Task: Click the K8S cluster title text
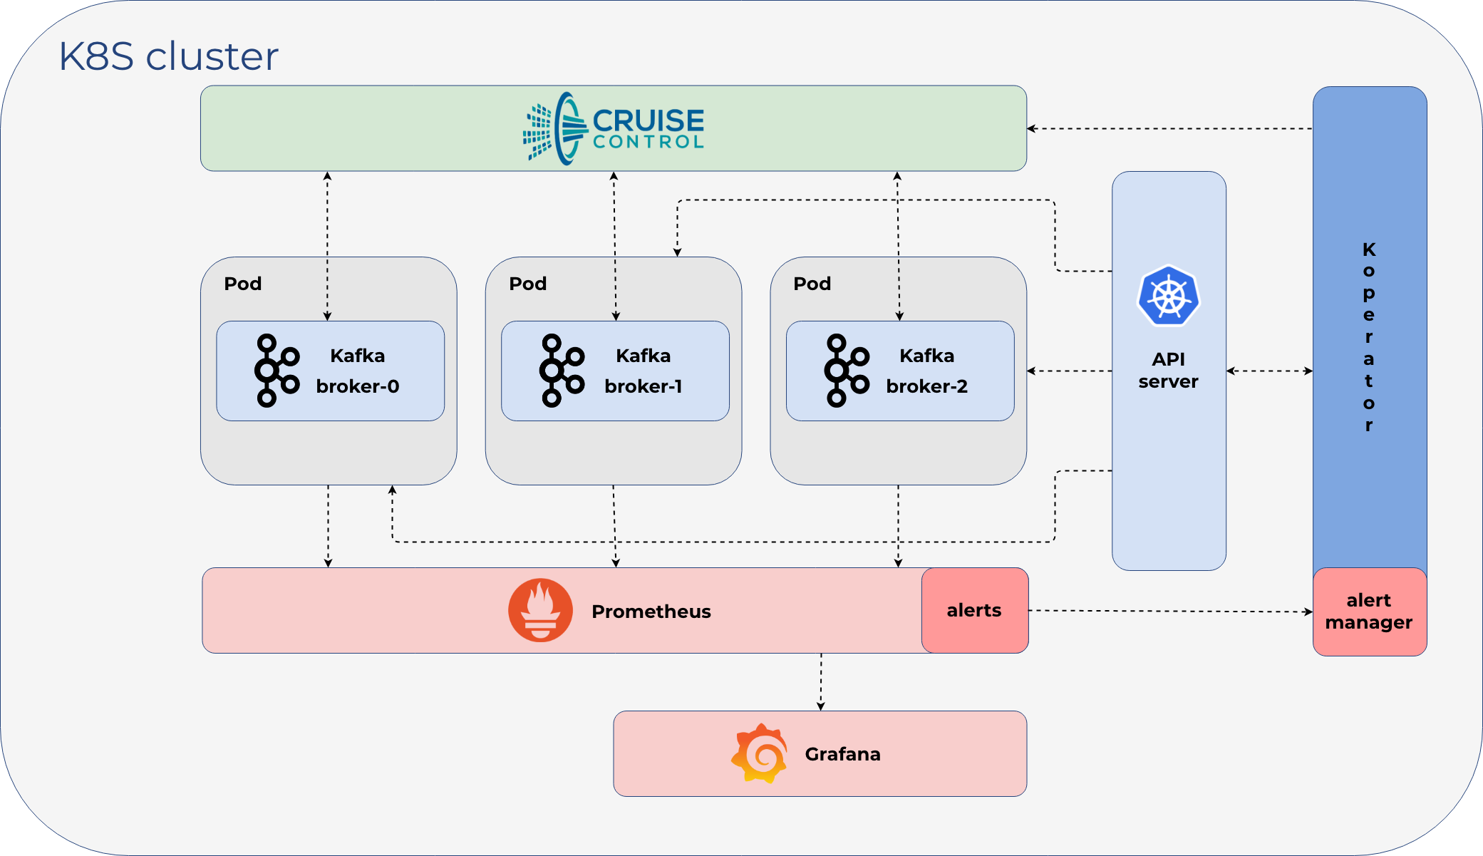tap(168, 56)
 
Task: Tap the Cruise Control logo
tap(614, 128)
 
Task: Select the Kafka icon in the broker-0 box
tap(277, 371)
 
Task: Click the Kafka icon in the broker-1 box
tap(562, 371)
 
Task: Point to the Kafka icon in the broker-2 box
tap(847, 371)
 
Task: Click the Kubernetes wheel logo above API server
tap(1169, 296)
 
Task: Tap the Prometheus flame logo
tap(540, 610)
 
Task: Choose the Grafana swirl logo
tap(760, 753)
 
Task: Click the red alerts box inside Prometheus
tap(975, 610)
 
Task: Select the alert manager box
tap(1370, 612)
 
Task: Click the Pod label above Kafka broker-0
tap(243, 284)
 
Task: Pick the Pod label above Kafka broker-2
tap(812, 284)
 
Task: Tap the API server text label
tap(1169, 370)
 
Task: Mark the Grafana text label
tap(843, 754)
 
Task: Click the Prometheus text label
tap(651, 612)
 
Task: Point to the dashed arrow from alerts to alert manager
tap(1171, 611)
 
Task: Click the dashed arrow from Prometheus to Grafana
tap(821, 682)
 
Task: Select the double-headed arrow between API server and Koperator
tap(1270, 371)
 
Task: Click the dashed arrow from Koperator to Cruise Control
tap(1169, 129)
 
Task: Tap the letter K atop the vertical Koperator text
tap(1369, 249)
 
